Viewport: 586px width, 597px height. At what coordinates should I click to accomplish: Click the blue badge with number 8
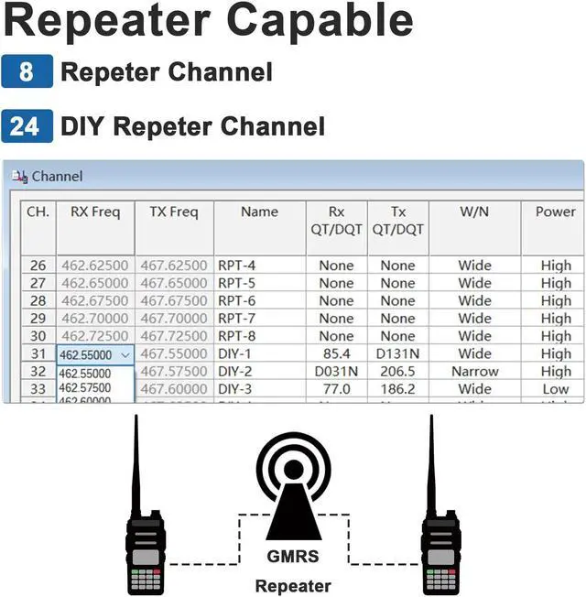click(27, 71)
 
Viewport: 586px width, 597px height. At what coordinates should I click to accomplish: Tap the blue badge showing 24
click(27, 125)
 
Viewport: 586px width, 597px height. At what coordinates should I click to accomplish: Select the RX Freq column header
click(95, 212)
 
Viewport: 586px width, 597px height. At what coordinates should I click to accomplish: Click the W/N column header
click(474, 212)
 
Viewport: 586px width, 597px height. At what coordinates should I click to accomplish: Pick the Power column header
click(555, 212)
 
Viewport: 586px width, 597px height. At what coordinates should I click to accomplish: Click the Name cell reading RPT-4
click(236, 266)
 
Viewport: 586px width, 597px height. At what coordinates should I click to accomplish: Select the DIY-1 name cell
click(236, 353)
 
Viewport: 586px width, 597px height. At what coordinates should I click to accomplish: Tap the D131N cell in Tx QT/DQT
click(397, 353)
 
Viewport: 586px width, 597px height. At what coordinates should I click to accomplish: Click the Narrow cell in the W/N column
click(474, 372)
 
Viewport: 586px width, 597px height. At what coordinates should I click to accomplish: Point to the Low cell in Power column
click(555, 389)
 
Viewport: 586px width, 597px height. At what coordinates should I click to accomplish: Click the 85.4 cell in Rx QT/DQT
click(336, 353)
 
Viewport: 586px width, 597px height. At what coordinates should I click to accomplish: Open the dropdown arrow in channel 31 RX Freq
click(125, 354)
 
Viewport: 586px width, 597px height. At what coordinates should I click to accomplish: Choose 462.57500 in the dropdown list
click(85, 387)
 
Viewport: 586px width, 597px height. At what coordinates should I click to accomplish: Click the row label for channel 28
click(38, 300)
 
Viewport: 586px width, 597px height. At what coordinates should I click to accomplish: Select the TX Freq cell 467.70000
click(174, 319)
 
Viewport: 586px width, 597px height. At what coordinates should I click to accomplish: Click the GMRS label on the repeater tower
click(293, 555)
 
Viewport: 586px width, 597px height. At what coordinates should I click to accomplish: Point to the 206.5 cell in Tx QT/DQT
click(397, 372)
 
